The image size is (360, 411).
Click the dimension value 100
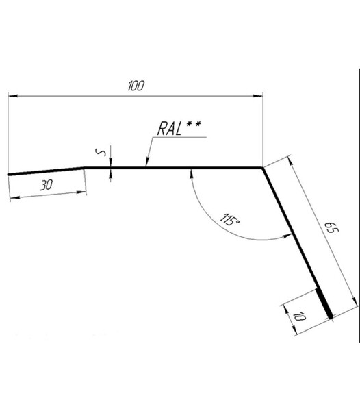(x=136, y=86)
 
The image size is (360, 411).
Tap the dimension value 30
(x=47, y=185)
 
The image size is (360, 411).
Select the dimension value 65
(x=332, y=227)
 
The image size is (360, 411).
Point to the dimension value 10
(x=298, y=316)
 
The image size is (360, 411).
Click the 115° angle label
(x=229, y=220)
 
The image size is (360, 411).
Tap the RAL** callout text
(x=179, y=128)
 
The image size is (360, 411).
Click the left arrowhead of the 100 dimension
(x=13, y=96)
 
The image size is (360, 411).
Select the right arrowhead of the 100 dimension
(x=258, y=96)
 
